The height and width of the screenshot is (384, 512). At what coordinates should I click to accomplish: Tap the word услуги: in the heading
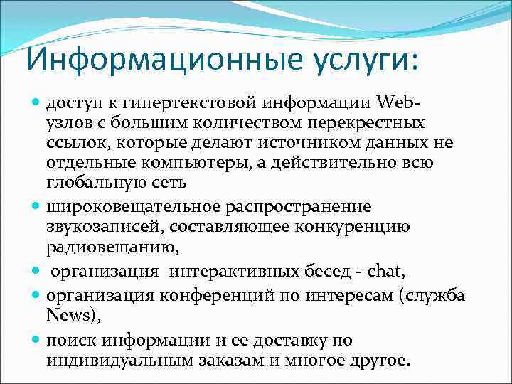click(x=366, y=61)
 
